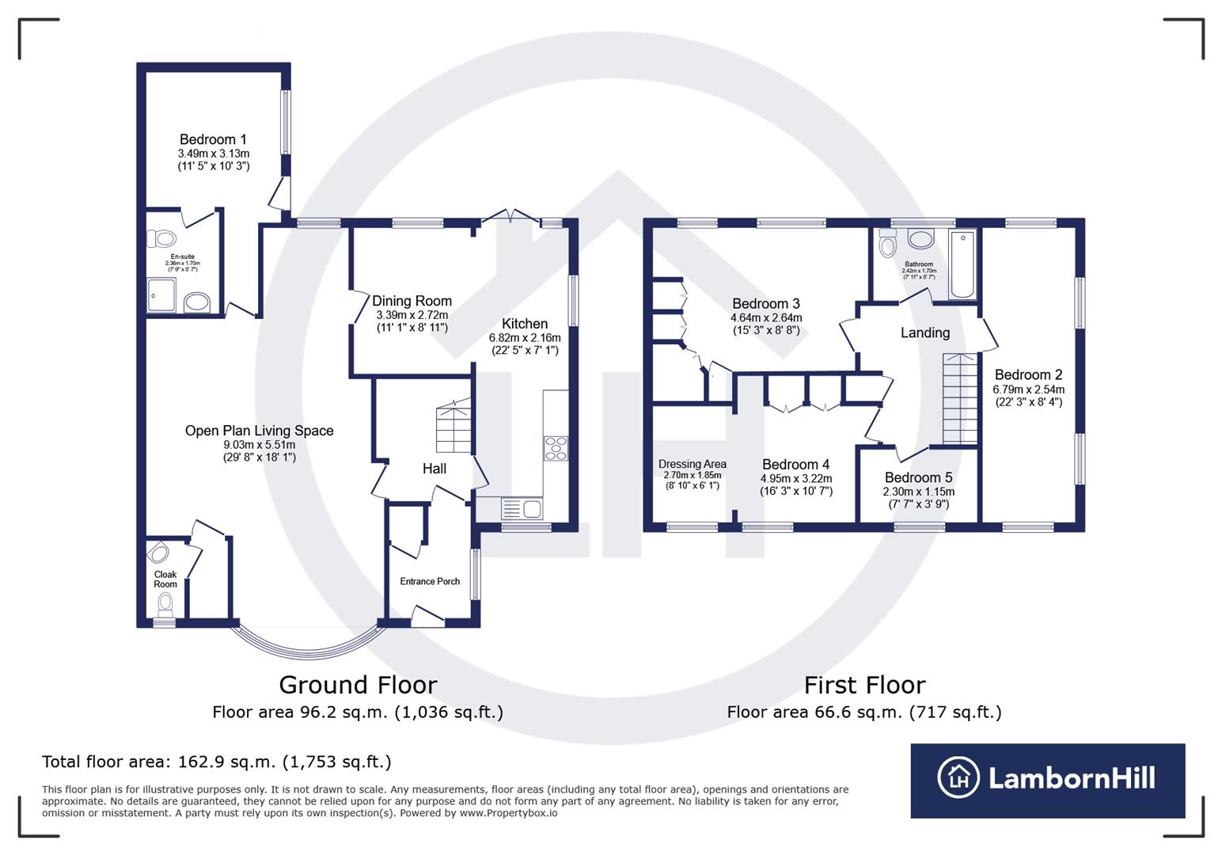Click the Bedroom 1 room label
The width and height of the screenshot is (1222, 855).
point(213,140)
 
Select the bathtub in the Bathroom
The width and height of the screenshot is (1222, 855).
point(962,264)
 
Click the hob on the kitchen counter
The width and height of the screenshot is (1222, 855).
point(556,448)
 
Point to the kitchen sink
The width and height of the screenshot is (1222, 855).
point(520,507)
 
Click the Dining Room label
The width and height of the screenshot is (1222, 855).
point(412,301)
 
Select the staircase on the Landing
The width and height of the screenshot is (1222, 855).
point(959,398)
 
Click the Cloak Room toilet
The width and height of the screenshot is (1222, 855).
point(165,605)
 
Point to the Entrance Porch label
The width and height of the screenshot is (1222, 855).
point(430,581)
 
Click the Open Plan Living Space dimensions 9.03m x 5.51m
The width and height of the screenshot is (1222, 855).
point(259,445)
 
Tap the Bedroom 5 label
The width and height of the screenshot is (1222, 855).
point(918,477)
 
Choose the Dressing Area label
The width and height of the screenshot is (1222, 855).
point(692,464)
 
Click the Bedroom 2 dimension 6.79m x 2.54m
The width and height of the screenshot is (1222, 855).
point(1028,389)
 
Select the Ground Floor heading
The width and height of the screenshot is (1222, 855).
point(358,685)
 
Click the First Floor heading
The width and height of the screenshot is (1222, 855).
point(864,685)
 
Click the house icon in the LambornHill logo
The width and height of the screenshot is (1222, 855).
point(958,777)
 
